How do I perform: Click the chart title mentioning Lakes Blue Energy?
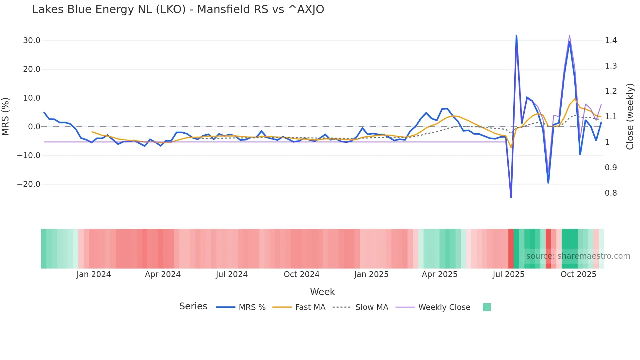coord(178,9)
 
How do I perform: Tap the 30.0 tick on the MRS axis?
coord(32,41)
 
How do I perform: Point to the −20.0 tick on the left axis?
coord(29,184)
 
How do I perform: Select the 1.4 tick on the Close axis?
coord(611,41)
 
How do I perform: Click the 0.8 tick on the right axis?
coord(611,193)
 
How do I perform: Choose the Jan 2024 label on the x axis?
coord(94,274)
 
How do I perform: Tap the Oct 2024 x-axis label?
coord(301,274)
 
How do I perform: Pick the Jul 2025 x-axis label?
coord(508,274)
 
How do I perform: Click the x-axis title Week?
coord(322,292)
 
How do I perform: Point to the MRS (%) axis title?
coord(6,117)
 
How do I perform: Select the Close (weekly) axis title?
coord(630,117)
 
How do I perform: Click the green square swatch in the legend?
coord(487,307)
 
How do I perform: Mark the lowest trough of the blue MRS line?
coord(511,197)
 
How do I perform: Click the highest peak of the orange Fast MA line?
coord(575,99)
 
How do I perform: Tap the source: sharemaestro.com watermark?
coord(578,256)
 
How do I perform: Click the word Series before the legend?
coord(193,306)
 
